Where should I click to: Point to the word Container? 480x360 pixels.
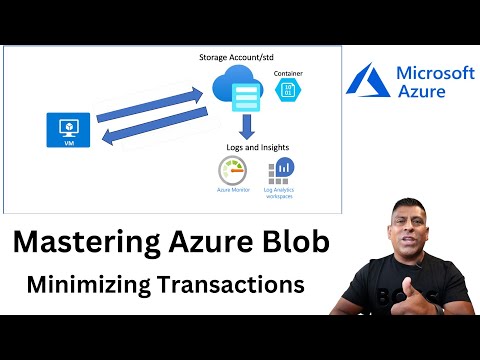pyautogui.click(x=288, y=73)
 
